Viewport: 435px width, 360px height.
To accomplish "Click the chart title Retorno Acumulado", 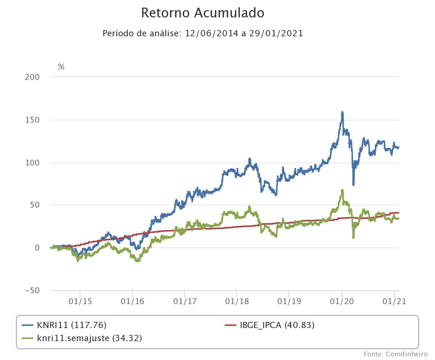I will pyautogui.click(x=202, y=13).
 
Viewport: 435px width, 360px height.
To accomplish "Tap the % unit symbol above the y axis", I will pyautogui.click(x=61, y=67).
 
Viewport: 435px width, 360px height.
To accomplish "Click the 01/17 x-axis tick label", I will pyautogui.click(x=185, y=302).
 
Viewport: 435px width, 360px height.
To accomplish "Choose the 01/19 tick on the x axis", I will pyautogui.click(x=289, y=302).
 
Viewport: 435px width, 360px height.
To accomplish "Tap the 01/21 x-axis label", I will pyautogui.click(x=394, y=302).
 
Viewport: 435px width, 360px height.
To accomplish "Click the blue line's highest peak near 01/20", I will pyautogui.click(x=342, y=112).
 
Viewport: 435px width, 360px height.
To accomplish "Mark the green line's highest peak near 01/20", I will pyautogui.click(x=342, y=190).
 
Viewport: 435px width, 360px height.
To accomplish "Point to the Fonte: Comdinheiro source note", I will pyautogui.click(x=395, y=354).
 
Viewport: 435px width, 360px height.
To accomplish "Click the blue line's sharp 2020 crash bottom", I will pyautogui.click(x=353, y=184).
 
